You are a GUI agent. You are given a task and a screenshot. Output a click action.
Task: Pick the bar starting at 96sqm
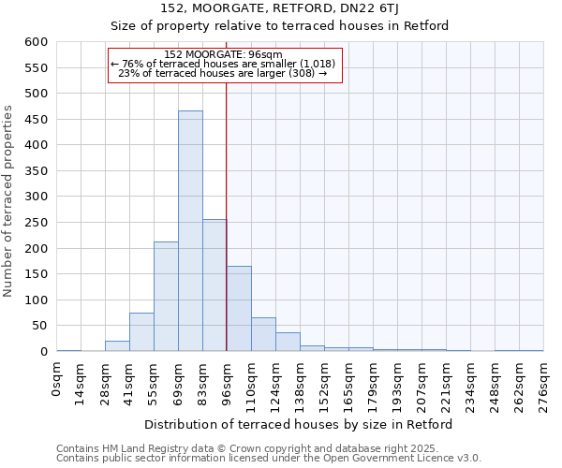tap(239, 309)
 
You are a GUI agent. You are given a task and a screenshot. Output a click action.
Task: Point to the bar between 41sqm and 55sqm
tap(141, 332)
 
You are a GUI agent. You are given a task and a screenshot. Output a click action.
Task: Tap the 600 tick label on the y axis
tap(36, 42)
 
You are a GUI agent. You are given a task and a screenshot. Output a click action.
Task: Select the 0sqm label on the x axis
tap(57, 380)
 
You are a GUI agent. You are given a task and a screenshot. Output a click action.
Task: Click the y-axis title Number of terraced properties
tap(9, 201)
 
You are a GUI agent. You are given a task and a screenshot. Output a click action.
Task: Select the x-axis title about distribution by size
tap(300, 424)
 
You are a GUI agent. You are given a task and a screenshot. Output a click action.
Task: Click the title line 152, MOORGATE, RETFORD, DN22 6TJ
tap(280, 8)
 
